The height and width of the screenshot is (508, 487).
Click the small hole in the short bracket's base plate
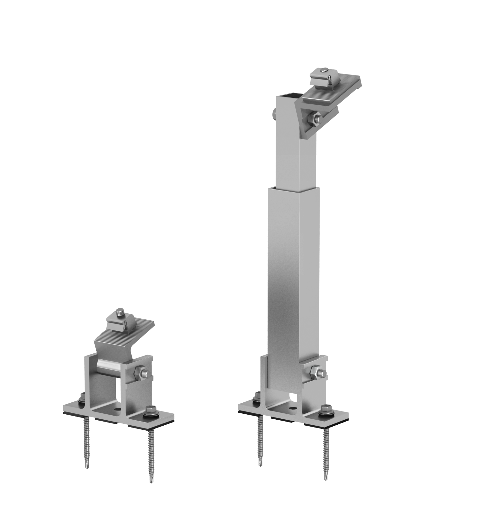117,410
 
